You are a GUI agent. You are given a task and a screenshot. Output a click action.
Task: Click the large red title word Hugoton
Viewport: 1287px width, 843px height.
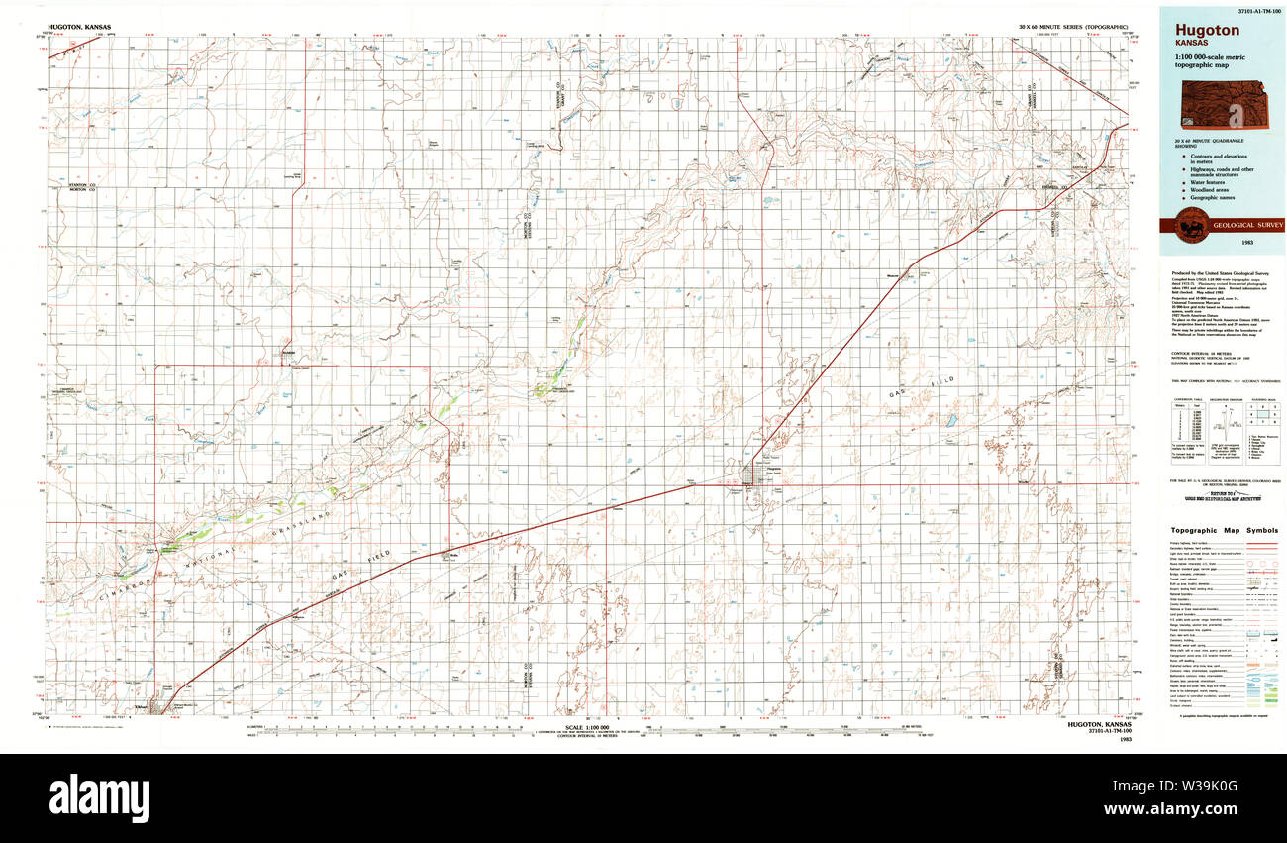click(1207, 30)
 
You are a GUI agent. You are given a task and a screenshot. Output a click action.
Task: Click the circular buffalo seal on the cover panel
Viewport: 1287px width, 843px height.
click(1186, 226)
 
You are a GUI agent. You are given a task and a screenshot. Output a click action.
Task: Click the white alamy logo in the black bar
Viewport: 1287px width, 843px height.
click(99, 794)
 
